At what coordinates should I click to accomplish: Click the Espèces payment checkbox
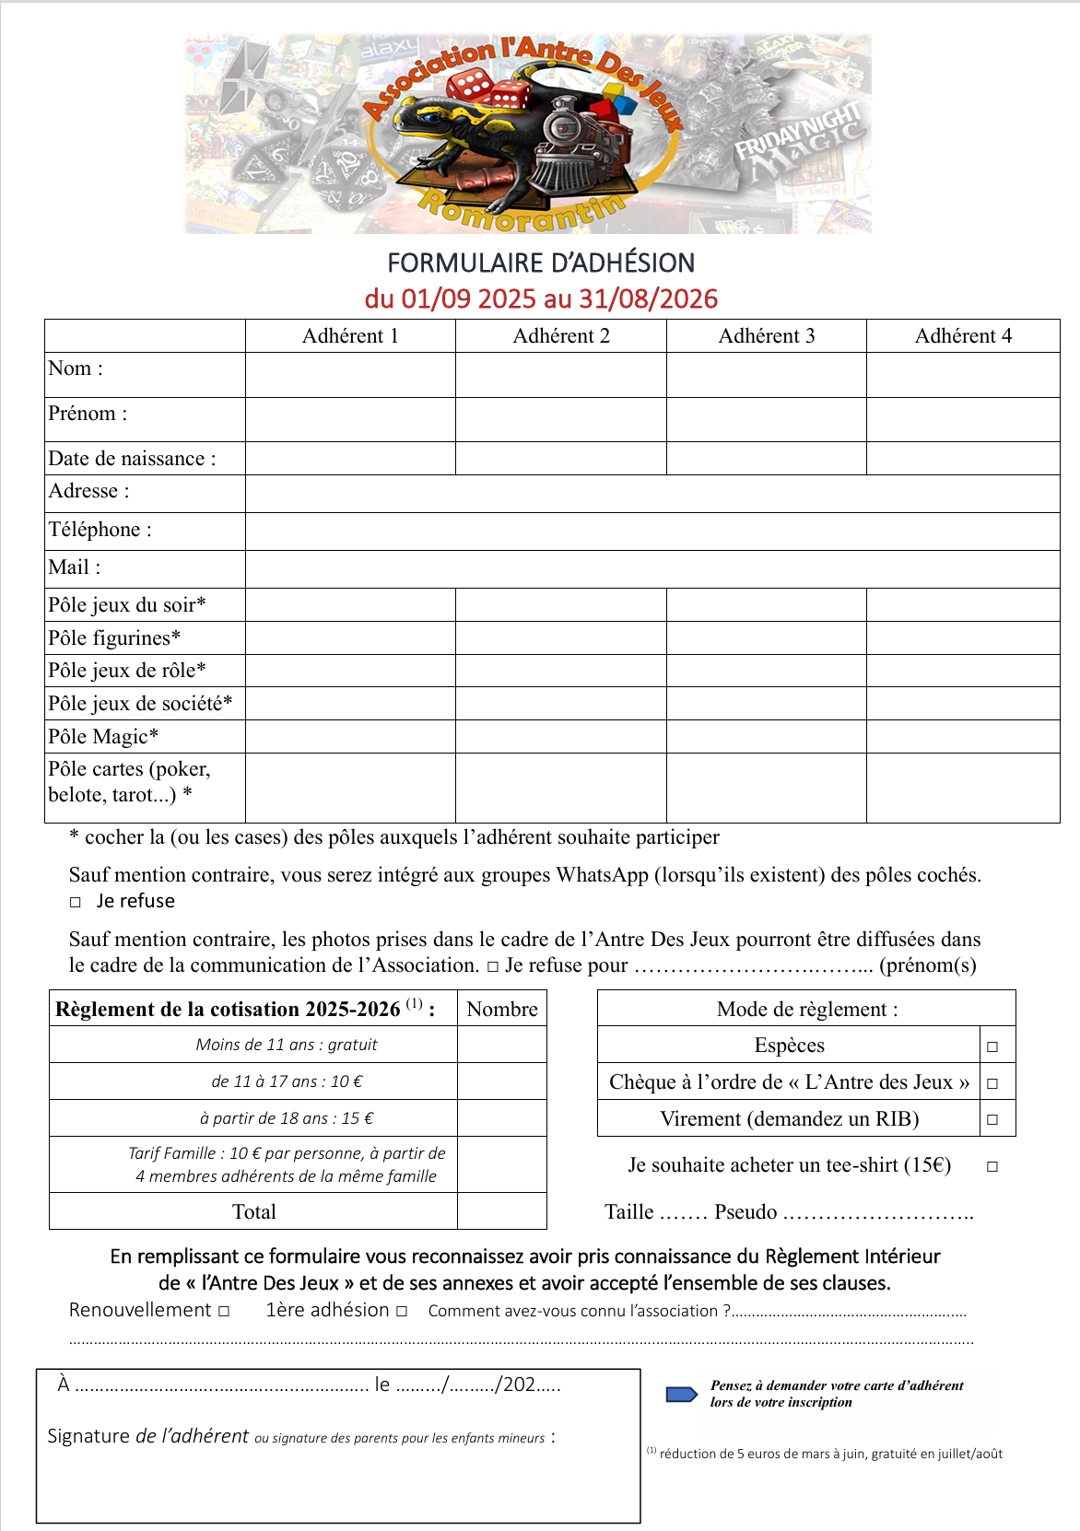pos(992,1046)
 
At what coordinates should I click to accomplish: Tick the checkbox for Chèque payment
pos(992,1083)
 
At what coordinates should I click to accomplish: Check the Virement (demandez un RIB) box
pos(992,1120)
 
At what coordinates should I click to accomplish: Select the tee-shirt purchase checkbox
pos(992,1166)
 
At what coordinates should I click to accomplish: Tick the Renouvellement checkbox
pos(224,1311)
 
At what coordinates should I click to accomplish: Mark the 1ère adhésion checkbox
pos(402,1311)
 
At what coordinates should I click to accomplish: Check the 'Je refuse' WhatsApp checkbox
pos(76,903)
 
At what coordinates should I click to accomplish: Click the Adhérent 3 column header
pos(767,336)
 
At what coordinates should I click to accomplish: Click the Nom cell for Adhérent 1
pos(350,375)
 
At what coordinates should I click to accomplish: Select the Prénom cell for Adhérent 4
pos(963,419)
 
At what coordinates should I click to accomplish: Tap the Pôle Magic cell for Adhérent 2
pos(560,736)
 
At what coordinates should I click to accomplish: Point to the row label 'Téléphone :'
pos(100,530)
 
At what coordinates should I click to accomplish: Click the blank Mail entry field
pos(652,568)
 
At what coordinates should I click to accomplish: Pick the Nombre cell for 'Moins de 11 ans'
pos(502,1045)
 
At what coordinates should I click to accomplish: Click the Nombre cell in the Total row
pos(502,1211)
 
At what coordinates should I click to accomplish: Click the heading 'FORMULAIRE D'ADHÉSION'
pos(541,263)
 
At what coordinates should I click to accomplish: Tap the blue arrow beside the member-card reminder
pos(682,1394)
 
